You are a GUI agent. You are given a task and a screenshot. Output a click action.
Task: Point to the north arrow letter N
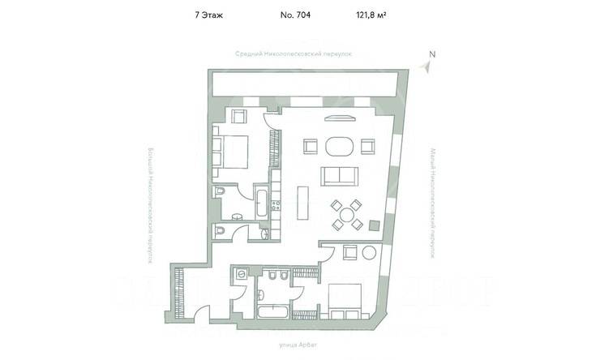(x=432, y=55)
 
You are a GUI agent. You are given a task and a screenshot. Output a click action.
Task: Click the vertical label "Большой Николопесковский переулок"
(x=150, y=206)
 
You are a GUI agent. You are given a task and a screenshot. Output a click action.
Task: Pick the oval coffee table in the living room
(x=338, y=147)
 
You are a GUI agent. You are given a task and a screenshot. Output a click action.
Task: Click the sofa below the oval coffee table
(x=338, y=176)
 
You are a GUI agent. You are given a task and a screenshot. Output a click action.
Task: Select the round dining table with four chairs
(x=348, y=215)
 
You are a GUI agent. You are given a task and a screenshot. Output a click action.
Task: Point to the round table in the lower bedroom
(x=369, y=252)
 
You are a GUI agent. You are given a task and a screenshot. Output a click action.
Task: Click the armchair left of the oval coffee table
(x=309, y=147)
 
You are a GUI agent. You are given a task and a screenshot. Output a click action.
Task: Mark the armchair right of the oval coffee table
(x=367, y=147)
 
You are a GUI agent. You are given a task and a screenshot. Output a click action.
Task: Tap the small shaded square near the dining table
(x=375, y=225)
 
